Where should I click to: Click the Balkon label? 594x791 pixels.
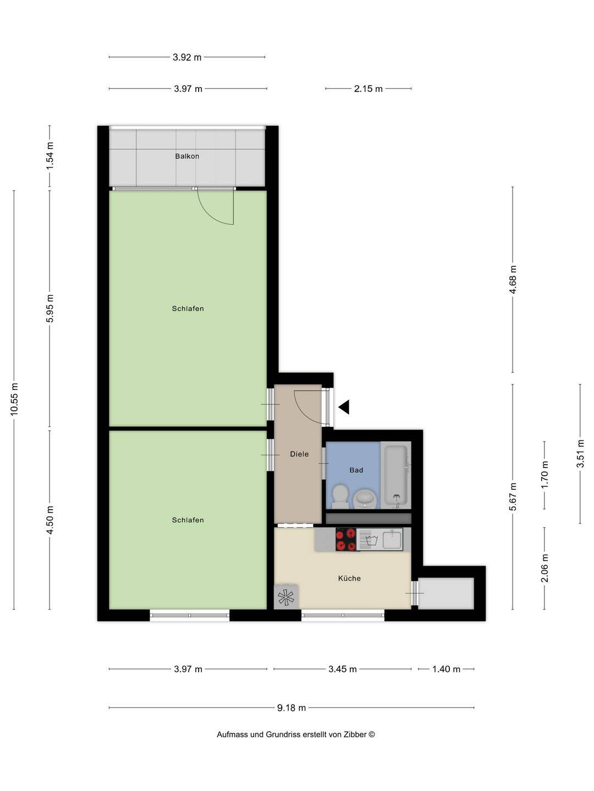(187, 157)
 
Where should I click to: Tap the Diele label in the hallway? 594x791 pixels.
(299, 454)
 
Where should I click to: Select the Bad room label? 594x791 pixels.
(356, 470)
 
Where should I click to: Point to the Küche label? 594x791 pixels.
(349, 578)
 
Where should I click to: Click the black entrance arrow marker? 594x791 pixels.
(344, 407)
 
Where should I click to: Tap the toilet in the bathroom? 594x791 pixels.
(340, 497)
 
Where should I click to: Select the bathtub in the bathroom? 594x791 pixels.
(395, 475)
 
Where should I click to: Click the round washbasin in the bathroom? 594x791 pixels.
(365, 499)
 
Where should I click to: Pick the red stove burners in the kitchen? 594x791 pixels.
(346, 539)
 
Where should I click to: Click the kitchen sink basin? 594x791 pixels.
(392, 539)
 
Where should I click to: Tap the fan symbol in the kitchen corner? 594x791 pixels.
(286, 598)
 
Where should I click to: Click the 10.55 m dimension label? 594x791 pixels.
(14, 399)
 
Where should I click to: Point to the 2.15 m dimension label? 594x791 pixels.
(369, 88)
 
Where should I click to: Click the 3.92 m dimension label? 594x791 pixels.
(187, 57)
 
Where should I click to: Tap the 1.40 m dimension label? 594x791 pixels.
(446, 669)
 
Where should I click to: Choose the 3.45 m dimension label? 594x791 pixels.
(342, 669)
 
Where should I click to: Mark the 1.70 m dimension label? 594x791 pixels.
(544, 475)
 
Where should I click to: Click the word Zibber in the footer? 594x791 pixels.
(355, 734)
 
